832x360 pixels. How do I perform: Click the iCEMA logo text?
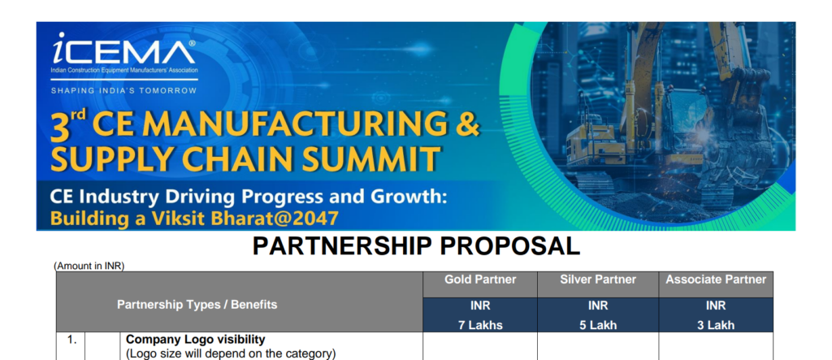123,50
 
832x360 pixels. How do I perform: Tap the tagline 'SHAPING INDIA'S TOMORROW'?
123,91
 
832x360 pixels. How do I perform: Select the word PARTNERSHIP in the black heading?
342,246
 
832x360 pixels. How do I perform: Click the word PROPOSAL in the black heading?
510,246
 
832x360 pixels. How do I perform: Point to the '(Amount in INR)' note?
89,266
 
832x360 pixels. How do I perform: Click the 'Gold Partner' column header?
480,280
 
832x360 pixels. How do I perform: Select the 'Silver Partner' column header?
598,280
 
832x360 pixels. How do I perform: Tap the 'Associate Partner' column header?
716,280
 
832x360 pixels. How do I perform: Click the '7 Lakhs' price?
480,325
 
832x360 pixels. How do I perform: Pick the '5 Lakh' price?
598,325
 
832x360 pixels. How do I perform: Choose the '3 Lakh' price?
716,325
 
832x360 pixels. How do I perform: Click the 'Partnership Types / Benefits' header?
197,305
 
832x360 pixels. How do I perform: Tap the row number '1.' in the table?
71,340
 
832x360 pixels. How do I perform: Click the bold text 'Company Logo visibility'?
195,340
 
